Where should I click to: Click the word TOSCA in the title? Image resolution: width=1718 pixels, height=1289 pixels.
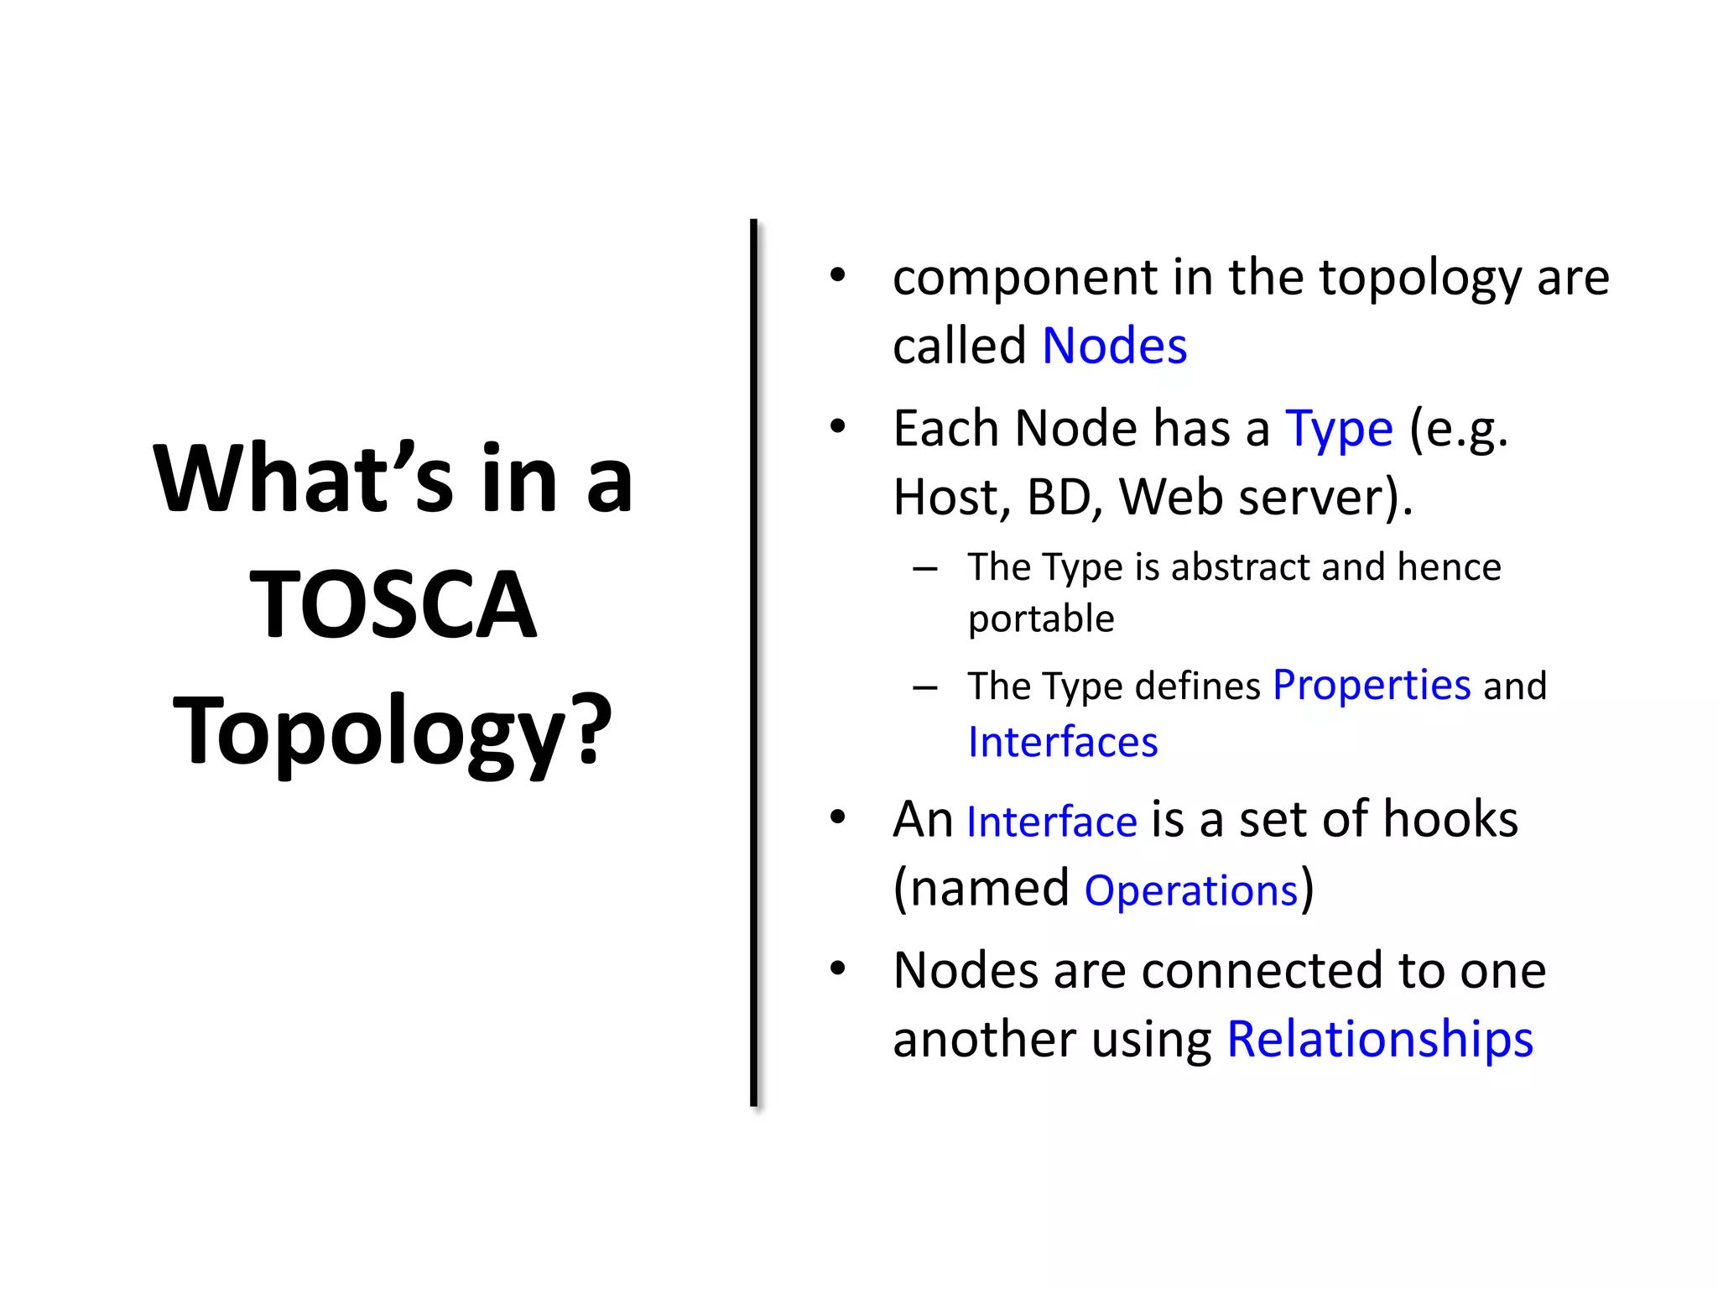(x=393, y=604)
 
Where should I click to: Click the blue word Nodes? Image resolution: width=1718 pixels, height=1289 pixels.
(x=1114, y=346)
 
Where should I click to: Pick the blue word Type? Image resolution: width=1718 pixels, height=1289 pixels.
(x=1339, y=430)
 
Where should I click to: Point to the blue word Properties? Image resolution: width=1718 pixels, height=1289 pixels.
(x=1372, y=686)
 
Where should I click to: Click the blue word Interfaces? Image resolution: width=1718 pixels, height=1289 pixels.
(x=1063, y=743)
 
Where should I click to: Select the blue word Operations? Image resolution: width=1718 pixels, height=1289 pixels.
(x=1191, y=890)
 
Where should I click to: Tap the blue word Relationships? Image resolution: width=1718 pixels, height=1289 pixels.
(x=1380, y=1039)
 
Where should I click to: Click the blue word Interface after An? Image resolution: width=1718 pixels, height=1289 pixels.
(x=1052, y=822)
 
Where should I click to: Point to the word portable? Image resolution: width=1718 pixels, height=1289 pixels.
(x=1041, y=619)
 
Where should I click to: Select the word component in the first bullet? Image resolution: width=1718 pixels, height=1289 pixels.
(x=1025, y=279)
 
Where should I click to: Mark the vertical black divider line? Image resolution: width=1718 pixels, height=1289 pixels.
(x=753, y=663)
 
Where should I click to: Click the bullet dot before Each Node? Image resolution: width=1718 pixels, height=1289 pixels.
(x=837, y=427)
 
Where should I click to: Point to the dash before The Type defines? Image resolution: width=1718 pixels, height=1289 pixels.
(x=925, y=688)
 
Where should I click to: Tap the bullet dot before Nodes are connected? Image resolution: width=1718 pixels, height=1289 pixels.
(x=837, y=969)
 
